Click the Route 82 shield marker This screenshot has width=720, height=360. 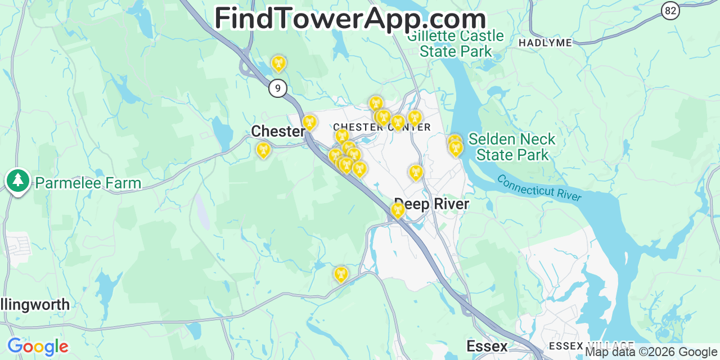tap(670, 10)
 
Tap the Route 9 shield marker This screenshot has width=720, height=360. tap(277, 88)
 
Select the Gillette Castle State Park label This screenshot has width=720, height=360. tap(456, 44)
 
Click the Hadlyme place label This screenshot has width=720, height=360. tap(545, 43)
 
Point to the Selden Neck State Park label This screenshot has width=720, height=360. tap(512, 147)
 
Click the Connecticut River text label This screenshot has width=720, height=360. tap(539, 188)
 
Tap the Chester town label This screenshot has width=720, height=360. tap(278, 132)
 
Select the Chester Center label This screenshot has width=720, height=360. tap(381, 127)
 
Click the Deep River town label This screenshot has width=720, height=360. tap(431, 204)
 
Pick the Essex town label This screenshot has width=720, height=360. tap(487, 346)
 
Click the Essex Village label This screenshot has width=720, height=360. tap(591, 345)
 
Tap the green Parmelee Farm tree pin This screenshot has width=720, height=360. tap(18, 181)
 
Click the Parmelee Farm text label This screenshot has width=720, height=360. tap(88, 183)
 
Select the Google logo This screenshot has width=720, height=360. tap(38, 346)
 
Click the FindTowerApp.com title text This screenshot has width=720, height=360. tap(350, 18)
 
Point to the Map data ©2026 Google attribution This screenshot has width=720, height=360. tap(651, 352)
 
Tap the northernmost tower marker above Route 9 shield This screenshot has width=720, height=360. tap(278, 63)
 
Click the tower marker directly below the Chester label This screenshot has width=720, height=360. tap(263, 150)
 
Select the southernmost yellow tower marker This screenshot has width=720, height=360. tap(341, 274)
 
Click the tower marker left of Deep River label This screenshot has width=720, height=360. tap(398, 210)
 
